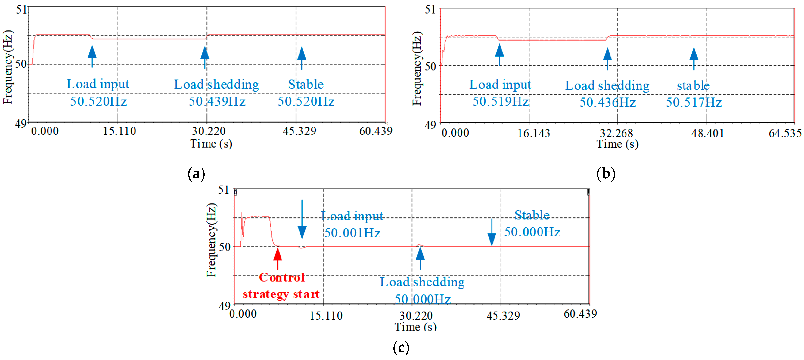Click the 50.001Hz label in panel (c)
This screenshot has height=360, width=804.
[352, 233]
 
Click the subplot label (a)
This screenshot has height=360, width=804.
[196, 174]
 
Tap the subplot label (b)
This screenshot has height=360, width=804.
[606, 174]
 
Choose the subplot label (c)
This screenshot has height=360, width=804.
[401, 348]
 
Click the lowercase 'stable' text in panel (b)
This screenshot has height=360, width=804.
[693, 85]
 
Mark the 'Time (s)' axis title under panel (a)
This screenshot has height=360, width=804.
[211, 144]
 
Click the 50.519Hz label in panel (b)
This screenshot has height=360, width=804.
[500, 101]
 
